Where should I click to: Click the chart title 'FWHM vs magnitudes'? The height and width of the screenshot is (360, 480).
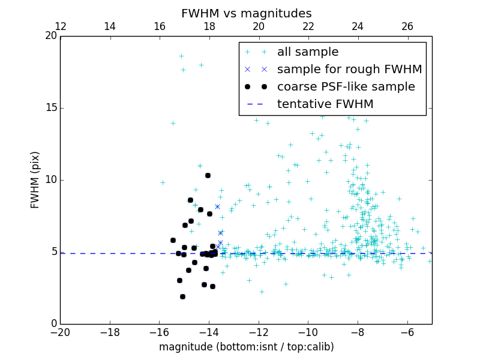[x=246, y=13]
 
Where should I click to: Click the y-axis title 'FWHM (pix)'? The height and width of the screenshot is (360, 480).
[x=35, y=179]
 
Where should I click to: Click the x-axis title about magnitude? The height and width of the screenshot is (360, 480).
[x=246, y=347]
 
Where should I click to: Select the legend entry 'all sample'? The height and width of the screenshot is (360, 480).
[x=307, y=52]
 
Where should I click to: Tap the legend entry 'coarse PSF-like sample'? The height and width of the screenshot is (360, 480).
[x=346, y=87]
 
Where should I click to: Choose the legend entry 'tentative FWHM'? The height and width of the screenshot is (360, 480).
[x=325, y=104]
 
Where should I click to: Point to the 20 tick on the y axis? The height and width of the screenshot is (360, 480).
[x=50, y=36]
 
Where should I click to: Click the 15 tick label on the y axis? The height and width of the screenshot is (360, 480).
[x=50, y=108]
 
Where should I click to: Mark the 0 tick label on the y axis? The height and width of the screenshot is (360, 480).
[x=53, y=324]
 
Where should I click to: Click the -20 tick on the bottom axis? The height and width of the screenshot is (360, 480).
[x=61, y=333]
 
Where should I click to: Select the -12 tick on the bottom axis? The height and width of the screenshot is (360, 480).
[x=259, y=333]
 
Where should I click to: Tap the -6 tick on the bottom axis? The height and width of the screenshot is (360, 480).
[x=407, y=333]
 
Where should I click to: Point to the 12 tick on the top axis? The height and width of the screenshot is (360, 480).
[x=61, y=26]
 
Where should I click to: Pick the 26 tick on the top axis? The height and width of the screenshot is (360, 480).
[x=407, y=26]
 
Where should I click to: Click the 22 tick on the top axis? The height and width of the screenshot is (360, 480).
[x=308, y=26]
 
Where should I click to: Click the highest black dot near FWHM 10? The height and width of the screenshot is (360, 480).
[x=208, y=175]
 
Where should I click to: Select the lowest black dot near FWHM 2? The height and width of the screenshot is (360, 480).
[x=182, y=296]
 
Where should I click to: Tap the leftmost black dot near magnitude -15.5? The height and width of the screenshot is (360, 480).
[x=173, y=240]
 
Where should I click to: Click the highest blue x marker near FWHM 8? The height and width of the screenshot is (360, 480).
[x=217, y=206]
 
